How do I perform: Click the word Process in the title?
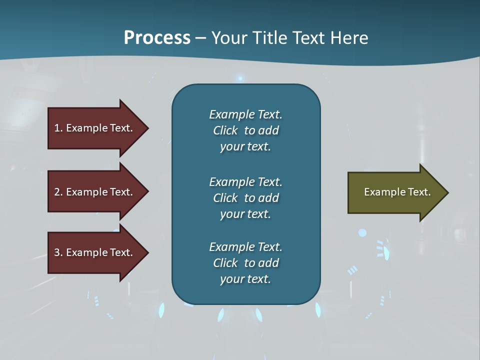point(157,38)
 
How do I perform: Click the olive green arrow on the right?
point(395,192)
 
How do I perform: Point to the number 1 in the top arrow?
point(57,128)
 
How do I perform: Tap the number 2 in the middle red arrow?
point(57,192)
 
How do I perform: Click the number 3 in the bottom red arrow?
point(57,252)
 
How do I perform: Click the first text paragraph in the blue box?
point(245,130)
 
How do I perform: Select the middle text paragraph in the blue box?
point(245,198)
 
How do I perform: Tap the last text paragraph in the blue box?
point(245,263)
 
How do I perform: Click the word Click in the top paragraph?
point(225,130)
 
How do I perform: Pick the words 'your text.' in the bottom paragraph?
point(245,279)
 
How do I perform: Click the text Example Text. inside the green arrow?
point(397,192)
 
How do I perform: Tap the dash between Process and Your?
point(201,38)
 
